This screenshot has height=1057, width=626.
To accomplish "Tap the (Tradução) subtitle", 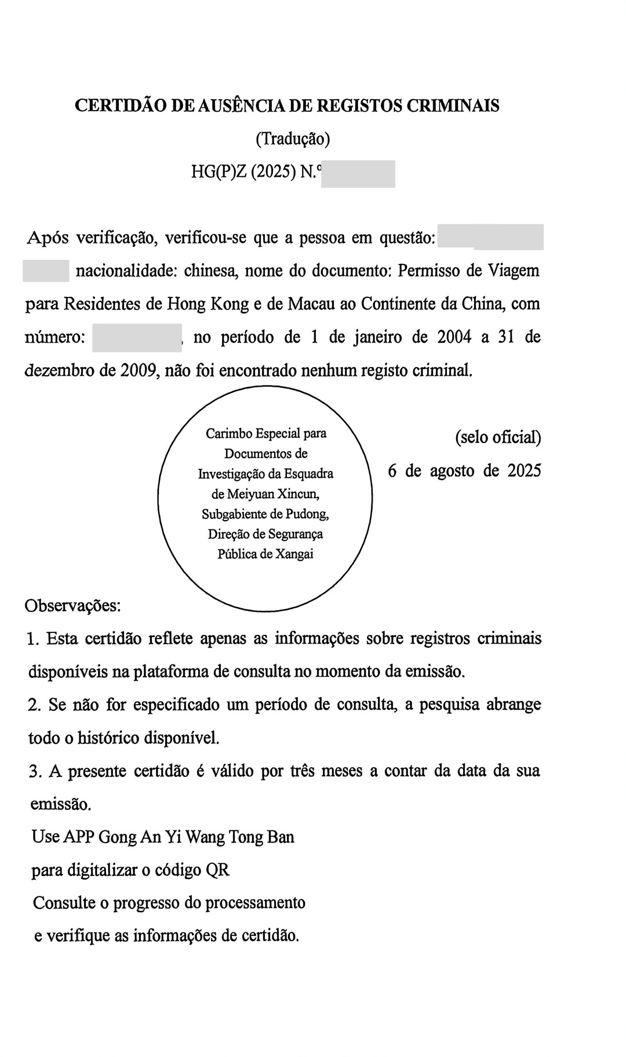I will [293, 139].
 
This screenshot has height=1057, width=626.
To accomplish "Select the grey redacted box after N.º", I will [358, 174].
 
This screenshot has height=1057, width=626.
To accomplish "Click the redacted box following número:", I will [137, 337].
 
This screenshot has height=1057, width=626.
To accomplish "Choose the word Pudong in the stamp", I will [309, 514].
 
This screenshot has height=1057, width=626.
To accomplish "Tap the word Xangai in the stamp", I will [294, 554].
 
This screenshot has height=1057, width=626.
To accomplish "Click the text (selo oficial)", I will [498, 437].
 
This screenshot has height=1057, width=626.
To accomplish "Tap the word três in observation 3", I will [301, 771].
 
